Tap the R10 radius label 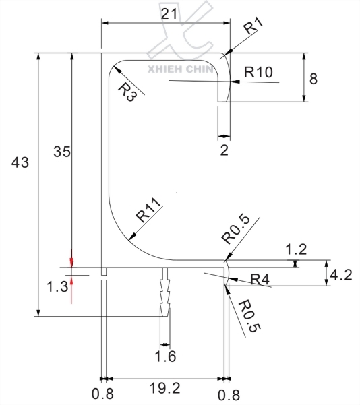pyautogui.click(x=258, y=72)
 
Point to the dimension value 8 pyautogui.click(x=313, y=78)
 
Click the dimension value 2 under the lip pyautogui.click(x=224, y=150)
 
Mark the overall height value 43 pyautogui.click(x=20, y=162)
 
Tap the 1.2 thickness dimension pyautogui.click(x=296, y=249)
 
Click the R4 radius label pyautogui.click(x=260, y=279)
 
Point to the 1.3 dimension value pyautogui.click(x=57, y=286)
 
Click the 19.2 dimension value pyautogui.click(x=164, y=389)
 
